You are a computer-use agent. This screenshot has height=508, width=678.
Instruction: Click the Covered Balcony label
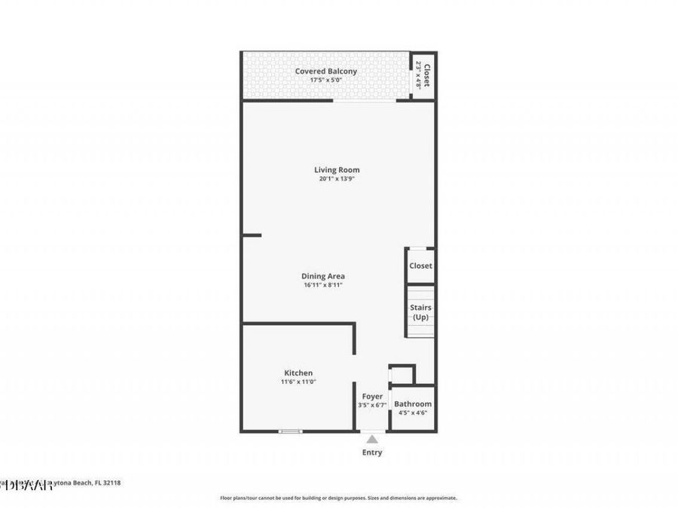pyautogui.click(x=325, y=71)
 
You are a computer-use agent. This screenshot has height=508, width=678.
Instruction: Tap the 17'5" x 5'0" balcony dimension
pyautogui.click(x=325, y=81)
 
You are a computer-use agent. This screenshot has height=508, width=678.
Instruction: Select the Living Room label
pyautogui.click(x=337, y=169)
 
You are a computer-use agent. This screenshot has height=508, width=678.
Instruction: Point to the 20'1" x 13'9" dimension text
pyautogui.click(x=337, y=179)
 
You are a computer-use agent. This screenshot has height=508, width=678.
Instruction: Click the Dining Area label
pyautogui.click(x=323, y=276)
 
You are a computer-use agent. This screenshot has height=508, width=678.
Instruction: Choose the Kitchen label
pyautogui.click(x=298, y=373)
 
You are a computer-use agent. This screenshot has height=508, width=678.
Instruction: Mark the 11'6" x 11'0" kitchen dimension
pyautogui.click(x=298, y=382)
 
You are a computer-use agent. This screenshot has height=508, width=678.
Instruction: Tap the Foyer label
pyautogui.click(x=372, y=397)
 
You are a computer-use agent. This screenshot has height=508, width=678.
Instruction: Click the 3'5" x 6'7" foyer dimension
pyautogui.click(x=372, y=406)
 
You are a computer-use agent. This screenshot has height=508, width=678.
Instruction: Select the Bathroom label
pyautogui.click(x=413, y=404)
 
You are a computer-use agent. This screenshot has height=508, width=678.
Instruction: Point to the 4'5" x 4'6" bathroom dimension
pyautogui.click(x=413, y=413)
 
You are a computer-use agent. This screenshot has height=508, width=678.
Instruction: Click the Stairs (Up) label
pyautogui.click(x=420, y=312)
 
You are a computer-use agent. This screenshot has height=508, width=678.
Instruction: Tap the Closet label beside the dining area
pyautogui.click(x=420, y=266)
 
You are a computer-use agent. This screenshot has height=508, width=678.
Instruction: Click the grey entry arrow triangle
pyautogui.click(x=372, y=439)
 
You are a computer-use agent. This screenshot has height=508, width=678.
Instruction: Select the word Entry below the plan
pyautogui.click(x=372, y=452)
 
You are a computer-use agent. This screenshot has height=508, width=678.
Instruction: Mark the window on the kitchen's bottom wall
pyautogui.click(x=290, y=431)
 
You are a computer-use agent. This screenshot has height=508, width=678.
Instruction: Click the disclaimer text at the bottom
pyautogui.click(x=338, y=498)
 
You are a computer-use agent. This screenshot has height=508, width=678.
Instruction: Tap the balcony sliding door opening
pyautogui.click(x=365, y=100)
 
